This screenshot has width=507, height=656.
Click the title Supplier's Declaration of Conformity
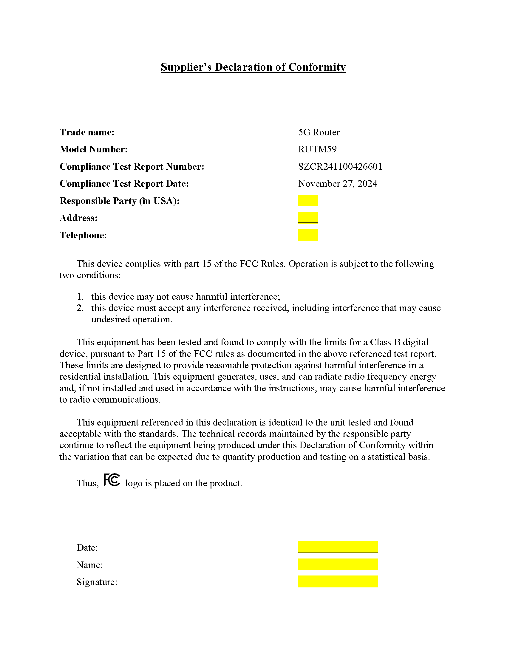(253, 67)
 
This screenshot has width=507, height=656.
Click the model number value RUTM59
(317, 149)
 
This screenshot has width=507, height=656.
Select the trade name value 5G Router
(319, 132)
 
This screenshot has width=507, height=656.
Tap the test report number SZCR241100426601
(340, 166)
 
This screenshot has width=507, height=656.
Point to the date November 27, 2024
(337, 183)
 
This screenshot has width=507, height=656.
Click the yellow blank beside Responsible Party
(308, 200)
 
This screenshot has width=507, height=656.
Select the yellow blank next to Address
(308, 217)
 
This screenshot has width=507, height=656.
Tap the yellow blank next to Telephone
(308, 235)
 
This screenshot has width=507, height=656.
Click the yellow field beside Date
(338, 547)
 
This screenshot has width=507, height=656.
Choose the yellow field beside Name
(338, 564)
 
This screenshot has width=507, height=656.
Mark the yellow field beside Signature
(338, 581)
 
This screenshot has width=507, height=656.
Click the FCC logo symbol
(112, 480)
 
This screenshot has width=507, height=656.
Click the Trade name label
(87, 132)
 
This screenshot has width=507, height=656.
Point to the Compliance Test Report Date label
(124, 183)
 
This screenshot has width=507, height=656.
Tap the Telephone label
(83, 235)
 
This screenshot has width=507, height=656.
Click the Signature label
(97, 582)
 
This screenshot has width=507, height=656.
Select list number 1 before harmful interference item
(80, 297)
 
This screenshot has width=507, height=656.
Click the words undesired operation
(132, 319)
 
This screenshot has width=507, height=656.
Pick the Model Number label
(93, 149)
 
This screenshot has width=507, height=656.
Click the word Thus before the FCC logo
(87, 483)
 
